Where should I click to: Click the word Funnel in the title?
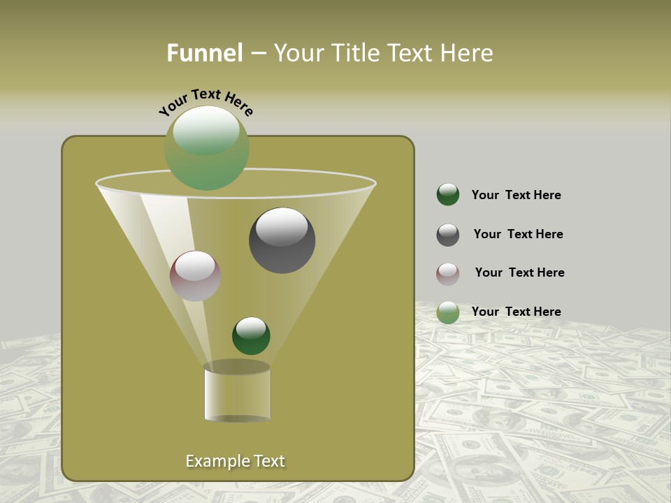pyautogui.click(x=204, y=53)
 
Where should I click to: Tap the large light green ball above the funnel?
pyautogui.click(x=207, y=149)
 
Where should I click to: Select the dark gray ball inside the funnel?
pyautogui.click(x=282, y=240)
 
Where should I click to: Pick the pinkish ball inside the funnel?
pyautogui.click(x=195, y=276)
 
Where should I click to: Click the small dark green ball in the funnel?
pyautogui.click(x=251, y=336)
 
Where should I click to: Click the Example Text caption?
pyautogui.click(x=235, y=461)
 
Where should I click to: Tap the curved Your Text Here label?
pyautogui.click(x=205, y=102)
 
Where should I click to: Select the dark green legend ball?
pyautogui.click(x=448, y=195)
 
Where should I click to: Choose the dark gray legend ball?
pyautogui.click(x=448, y=235)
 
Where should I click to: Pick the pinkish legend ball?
pyautogui.click(x=448, y=274)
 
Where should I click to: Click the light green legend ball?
pyautogui.click(x=448, y=312)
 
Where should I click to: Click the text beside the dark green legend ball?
pyautogui.click(x=516, y=196)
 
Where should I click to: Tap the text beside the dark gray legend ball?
pyautogui.click(x=518, y=235)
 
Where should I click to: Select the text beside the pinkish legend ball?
pyautogui.click(x=519, y=273)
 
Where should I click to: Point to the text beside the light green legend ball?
pyautogui.click(x=516, y=312)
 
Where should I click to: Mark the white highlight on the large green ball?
pyautogui.click(x=206, y=131)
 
